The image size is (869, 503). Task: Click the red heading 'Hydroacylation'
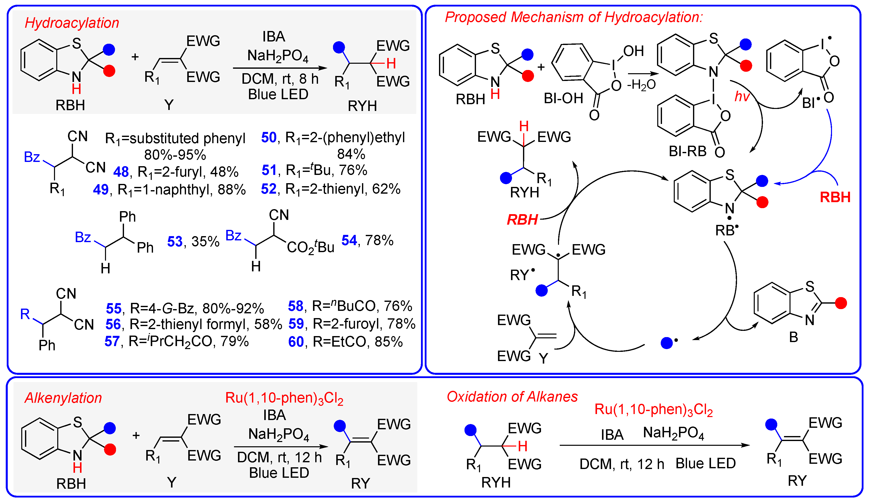tap(72, 23)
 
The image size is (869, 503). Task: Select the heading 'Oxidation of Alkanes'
tap(512, 397)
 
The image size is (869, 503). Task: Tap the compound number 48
tap(121, 172)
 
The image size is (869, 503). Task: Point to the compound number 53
tap(174, 241)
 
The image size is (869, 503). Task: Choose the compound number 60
tap(296, 342)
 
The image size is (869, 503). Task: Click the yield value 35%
tap(205, 241)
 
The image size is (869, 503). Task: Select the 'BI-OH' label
tap(563, 99)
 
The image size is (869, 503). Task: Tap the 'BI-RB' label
tap(687, 151)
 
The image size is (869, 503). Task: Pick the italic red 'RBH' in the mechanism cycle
tap(522, 220)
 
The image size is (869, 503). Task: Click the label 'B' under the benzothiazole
tap(793, 337)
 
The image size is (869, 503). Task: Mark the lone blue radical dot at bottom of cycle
tap(666, 343)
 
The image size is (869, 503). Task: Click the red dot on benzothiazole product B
tap(841, 303)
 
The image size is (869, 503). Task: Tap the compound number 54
tap(349, 240)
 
